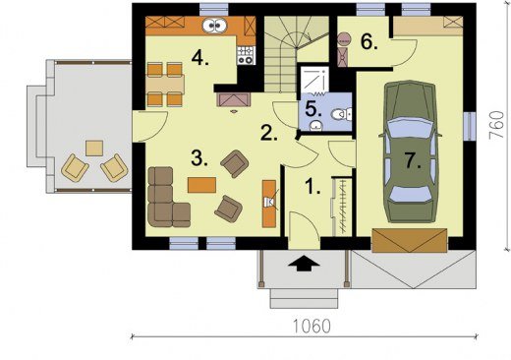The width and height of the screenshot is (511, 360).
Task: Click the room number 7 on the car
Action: pyautogui.click(x=412, y=161)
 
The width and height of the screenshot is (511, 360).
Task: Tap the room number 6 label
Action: pyautogui.click(x=369, y=42)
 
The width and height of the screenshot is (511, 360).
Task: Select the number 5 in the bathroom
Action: pyautogui.click(x=313, y=109)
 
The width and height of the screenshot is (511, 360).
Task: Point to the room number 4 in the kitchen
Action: pyautogui.click(x=200, y=58)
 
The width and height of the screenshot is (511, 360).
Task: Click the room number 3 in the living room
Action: pyautogui.click(x=199, y=158)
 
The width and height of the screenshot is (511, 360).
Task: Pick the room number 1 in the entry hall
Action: pyautogui.click(x=312, y=186)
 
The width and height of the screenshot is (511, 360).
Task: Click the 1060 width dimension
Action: pyautogui.click(x=312, y=327)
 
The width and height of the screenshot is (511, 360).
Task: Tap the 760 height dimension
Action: pyautogui.click(x=496, y=125)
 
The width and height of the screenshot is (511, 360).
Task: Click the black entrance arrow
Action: pyautogui.click(x=304, y=263)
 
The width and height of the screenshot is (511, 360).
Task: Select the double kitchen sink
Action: pyautogui.click(x=214, y=26)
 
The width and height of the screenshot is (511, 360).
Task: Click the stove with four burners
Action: pyautogui.click(x=246, y=55)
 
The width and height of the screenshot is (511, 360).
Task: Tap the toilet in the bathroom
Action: pyautogui.click(x=341, y=114)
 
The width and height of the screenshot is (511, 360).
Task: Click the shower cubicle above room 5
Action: pyautogui.click(x=314, y=80)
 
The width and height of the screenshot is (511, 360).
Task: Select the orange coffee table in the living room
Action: pyautogui.click(x=201, y=185)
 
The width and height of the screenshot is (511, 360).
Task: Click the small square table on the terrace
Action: pyautogui.click(x=94, y=149)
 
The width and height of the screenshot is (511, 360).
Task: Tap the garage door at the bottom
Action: pyautogui.click(x=410, y=240)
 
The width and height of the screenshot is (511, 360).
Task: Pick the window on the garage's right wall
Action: pyautogui.click(x=470, y=127)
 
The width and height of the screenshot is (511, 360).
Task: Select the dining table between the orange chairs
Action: pyautogui.click(x=165, y=85)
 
